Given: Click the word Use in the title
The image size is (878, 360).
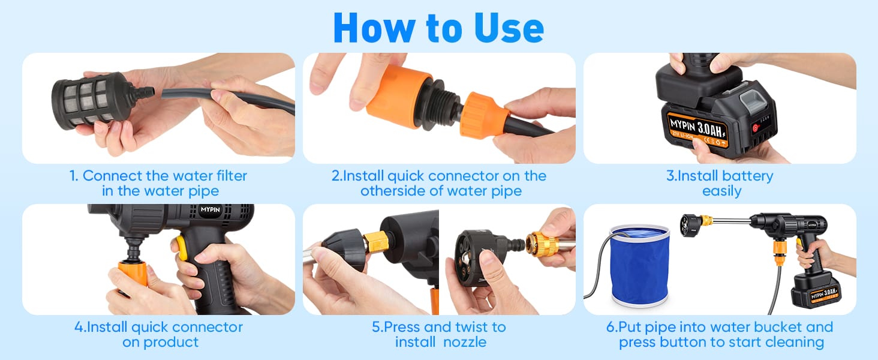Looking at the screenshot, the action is pyautogui.click(x=509, y=28).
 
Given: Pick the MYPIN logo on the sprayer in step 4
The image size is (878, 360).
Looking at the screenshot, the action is pyautogui.click(x=210, y=209).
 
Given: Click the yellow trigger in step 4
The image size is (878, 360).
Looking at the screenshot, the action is pyautogui.click(x=182, y=248).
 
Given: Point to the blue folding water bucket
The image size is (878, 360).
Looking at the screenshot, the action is pyautogui.click(x=640, y=265).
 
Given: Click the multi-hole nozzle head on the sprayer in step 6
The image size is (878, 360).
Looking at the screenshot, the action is pyautogui.click(x=689, y=226).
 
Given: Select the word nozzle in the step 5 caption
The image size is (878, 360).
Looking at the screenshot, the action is pyautogui.click(x=465, y=343).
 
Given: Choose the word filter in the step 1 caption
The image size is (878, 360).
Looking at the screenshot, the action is pyautogui.click(x=230, y=176).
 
